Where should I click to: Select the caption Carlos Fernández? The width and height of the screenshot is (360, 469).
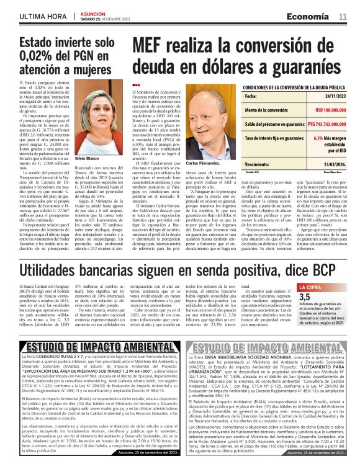[x=203, y=163]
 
